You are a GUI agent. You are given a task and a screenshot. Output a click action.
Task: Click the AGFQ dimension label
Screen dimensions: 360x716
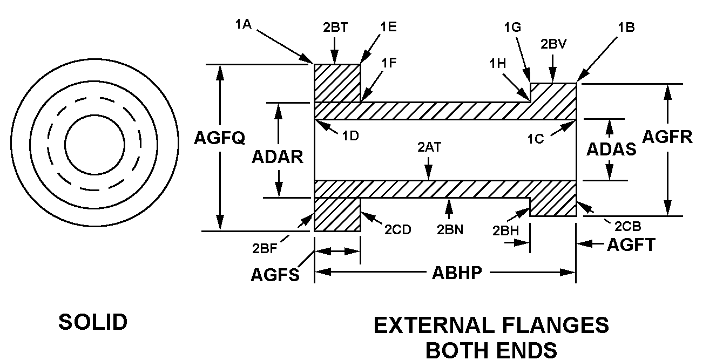tap(220, 139)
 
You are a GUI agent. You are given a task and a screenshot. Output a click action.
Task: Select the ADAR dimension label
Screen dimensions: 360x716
tap(278, 157)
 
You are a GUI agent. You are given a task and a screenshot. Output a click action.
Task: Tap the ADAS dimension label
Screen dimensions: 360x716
tap(611, 149)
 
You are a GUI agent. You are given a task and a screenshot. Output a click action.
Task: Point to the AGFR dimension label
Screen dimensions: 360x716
tap(667, 137)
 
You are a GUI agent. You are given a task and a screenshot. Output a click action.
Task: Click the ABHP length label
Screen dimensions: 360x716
tap(457, 273)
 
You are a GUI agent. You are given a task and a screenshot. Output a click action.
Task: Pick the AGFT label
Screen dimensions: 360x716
tap(631, 245)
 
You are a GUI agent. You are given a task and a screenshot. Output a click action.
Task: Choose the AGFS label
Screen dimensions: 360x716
tap(275, 275)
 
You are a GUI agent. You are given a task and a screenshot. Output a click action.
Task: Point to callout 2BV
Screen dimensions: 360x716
tap(553, 45)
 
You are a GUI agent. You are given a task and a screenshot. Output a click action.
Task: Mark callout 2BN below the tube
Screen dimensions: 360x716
tap(450, 229)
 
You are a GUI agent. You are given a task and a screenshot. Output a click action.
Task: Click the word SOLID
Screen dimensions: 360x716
tap(93, 322)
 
